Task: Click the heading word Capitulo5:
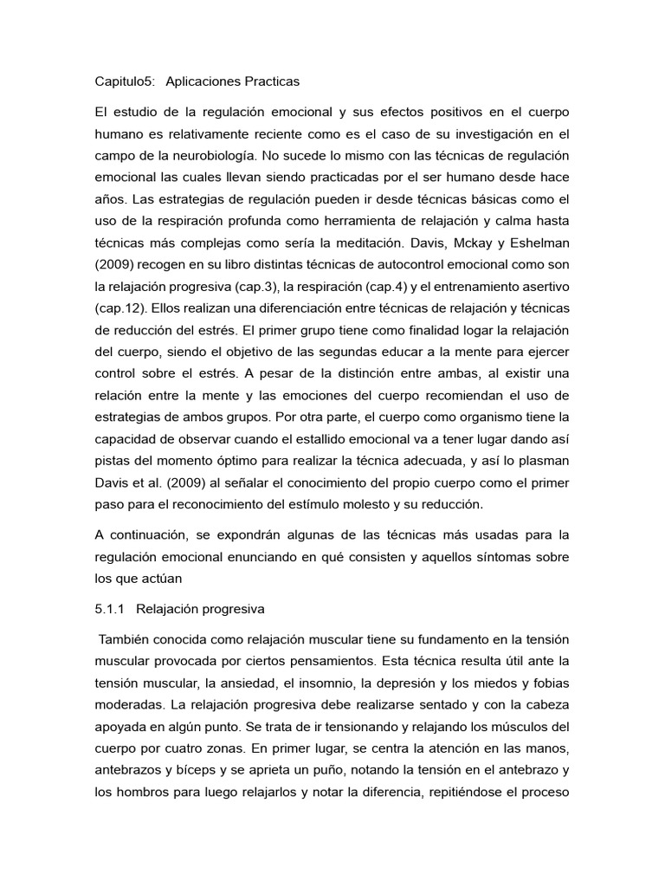click(x=124, y=81)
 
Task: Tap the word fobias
click(x=547, y=659)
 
